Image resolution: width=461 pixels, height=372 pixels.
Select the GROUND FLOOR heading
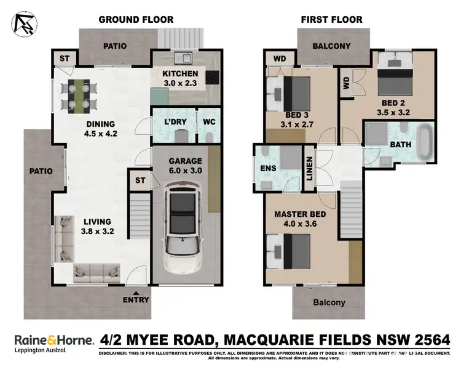point(136,20)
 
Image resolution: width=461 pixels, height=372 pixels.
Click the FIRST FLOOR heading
point(331,20)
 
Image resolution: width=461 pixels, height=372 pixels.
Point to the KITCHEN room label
point(180,75)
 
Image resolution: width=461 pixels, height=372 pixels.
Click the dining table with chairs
point(78,95)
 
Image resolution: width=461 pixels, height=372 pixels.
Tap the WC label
point(207,121)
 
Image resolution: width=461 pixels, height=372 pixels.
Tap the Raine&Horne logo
point(53,339)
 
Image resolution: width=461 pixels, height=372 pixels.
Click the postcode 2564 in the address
point(431,339)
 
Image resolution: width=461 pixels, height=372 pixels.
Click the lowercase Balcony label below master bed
point(329,302)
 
